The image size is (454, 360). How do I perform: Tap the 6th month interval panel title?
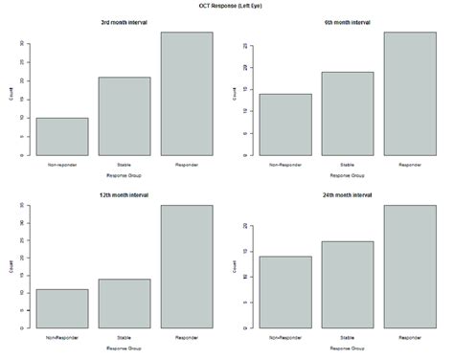(347, 22)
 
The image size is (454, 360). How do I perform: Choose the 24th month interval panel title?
(347, 195)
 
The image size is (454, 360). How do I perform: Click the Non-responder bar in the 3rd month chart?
(62, 136)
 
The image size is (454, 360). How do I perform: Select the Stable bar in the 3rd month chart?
(125, 116)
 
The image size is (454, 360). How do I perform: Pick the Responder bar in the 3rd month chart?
(187, 93)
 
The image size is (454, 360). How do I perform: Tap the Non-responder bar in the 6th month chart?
(284, 124)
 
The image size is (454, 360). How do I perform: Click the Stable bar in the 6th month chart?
(347, 113)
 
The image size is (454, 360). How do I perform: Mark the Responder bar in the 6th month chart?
(409, 93)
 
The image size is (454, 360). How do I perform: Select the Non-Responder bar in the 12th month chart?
(62, 308)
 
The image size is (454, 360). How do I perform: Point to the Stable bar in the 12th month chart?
(125, 304)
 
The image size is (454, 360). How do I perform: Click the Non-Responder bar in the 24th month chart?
(284, 292)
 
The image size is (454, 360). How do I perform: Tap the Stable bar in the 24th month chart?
(347, 284)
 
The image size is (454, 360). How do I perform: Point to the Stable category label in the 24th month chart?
(347, 337)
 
